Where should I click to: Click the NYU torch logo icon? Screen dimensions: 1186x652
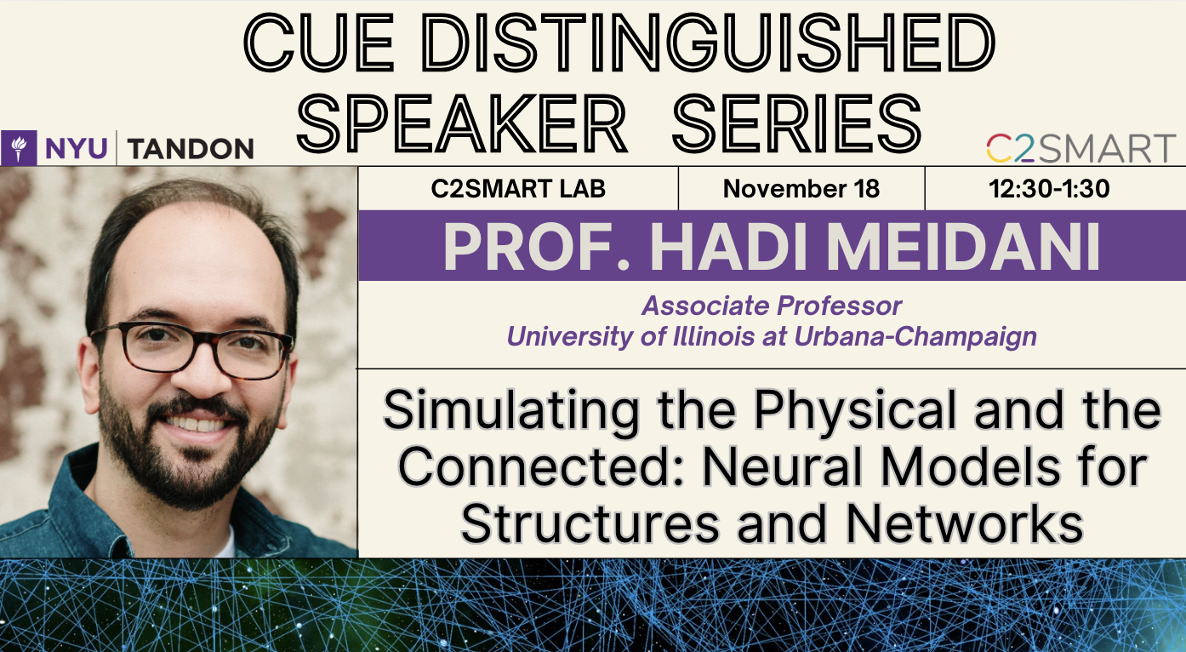coord(19,148)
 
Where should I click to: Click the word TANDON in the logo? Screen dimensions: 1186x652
coord(191,149)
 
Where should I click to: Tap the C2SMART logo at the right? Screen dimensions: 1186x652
coord(1081,148)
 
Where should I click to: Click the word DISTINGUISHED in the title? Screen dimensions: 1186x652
coord(709,43)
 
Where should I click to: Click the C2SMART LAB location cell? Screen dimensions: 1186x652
coord(518,189)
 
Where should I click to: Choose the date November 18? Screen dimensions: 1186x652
coord(801,189)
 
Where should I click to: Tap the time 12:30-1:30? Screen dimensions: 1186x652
coord(1049,189)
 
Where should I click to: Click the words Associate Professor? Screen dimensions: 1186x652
coord(772,306)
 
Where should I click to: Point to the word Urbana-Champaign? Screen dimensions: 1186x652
coord(915,337)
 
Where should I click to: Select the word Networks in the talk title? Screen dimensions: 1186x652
coord(965,524)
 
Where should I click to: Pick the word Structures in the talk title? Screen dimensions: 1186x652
coord(590,524)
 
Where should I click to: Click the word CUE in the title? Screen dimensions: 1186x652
coord(319,43)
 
